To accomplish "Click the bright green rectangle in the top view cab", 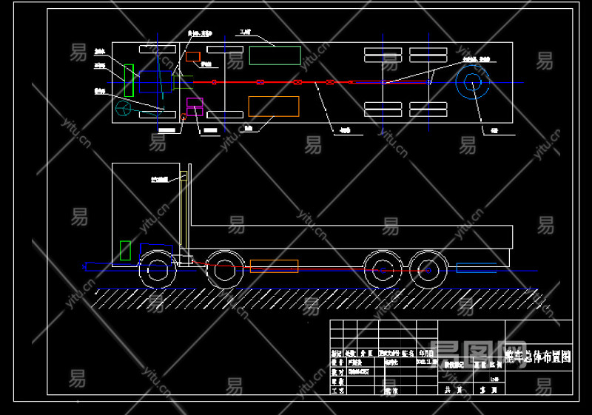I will point(129,81).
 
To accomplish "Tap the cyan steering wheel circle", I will point(124,109).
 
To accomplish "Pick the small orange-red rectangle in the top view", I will point(193,57).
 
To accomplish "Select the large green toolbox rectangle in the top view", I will point(275,55).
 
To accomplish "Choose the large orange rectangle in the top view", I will point(274,107).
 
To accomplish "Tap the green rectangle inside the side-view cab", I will point(125,250).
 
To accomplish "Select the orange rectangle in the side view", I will point(274,266).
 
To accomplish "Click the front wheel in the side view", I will point(157,269).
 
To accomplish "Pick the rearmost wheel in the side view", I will point(428,269).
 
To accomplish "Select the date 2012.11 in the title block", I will point(427,362).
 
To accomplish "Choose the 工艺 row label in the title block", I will point(338,390).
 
